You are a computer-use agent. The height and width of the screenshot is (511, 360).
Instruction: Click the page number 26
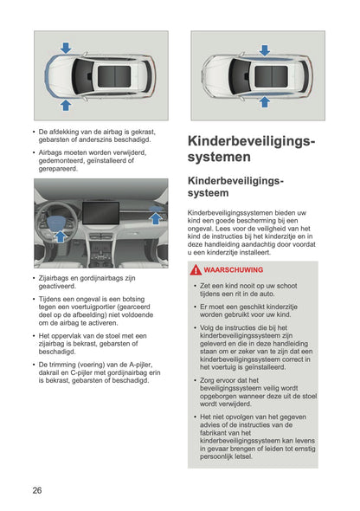click(x=37, y=490)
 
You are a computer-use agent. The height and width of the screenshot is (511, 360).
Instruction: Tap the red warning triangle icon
click(x=196, y=271)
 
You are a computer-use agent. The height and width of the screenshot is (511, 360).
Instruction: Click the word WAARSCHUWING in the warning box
click(x=227, y=271)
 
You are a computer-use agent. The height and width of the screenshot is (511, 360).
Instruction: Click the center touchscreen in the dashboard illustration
click(x=100, y=213)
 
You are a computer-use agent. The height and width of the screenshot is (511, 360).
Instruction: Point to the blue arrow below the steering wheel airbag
click(x=59, y=235)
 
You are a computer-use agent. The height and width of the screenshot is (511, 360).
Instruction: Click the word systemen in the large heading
click(x=220, y=158)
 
